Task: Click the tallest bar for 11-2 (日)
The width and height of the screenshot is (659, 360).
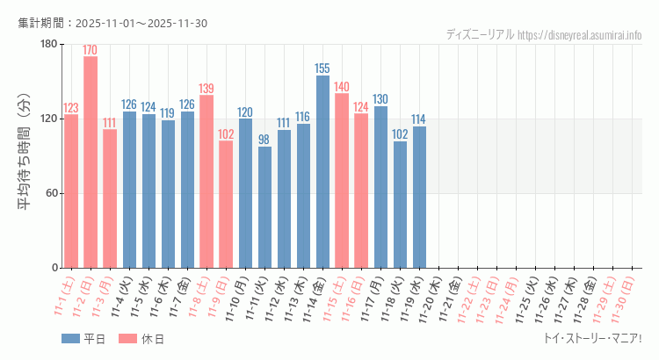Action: [x=91, y=162]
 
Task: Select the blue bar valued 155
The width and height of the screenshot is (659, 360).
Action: [x=322, y=171]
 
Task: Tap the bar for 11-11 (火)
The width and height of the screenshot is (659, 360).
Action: [x=264, y=206]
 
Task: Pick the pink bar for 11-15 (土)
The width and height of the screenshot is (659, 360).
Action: [x=342, y=180]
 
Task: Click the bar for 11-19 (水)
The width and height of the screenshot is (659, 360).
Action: [x=419, y=197]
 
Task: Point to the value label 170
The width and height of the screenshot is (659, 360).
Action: [x=91, y=50]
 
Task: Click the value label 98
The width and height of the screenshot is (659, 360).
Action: [x=264, y=140]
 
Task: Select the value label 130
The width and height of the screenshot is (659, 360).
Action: [x=380, y=99]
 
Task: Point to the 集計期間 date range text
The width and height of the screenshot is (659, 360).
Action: [x=112, y=23]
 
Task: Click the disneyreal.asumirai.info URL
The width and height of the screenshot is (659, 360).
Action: [x=580, y=34]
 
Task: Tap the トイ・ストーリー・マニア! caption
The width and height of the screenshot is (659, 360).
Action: [x=593, y=338]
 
